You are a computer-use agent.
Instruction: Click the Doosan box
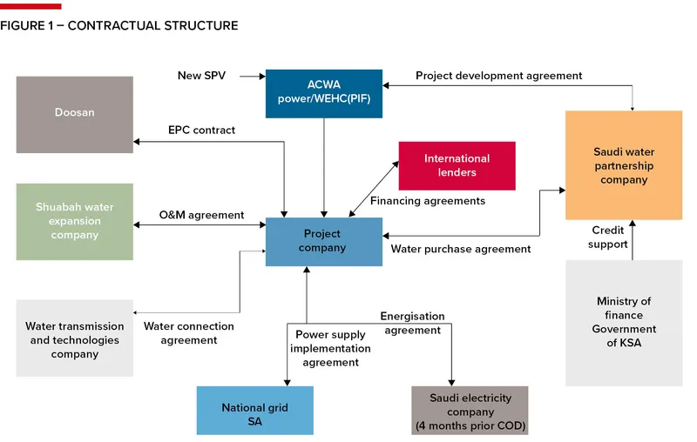(x=75, y=114)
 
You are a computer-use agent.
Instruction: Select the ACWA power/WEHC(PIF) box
(x=323, y=93)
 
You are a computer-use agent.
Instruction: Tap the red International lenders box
(x=457, y=165)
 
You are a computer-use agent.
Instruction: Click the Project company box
(x=323, y=241)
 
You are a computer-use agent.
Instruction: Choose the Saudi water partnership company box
(x=623, y=165)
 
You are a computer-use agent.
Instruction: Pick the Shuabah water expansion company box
(x=75, y=221)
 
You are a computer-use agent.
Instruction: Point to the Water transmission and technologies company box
(x=75, y=339)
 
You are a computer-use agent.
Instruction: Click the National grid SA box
(x=254, y=413)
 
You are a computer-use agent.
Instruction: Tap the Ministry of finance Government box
(x=623, y=323)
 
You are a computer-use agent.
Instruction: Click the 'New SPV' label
(x=201, y=76)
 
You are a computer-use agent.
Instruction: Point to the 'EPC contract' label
(x=201, y=131)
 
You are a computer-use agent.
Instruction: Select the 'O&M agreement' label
(x=201, y=215)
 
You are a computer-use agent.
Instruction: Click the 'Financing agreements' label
(x=428, y=201)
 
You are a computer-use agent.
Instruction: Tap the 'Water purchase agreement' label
(x=461, y=249)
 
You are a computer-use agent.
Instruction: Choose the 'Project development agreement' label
(x=498, y=76)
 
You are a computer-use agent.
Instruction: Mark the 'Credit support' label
(x=609, y=238)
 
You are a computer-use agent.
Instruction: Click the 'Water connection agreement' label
(x=189, y=333)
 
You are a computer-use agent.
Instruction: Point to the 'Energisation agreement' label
(x=412, y=323)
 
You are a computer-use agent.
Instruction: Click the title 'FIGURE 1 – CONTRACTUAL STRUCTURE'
(x=119, y=26)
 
